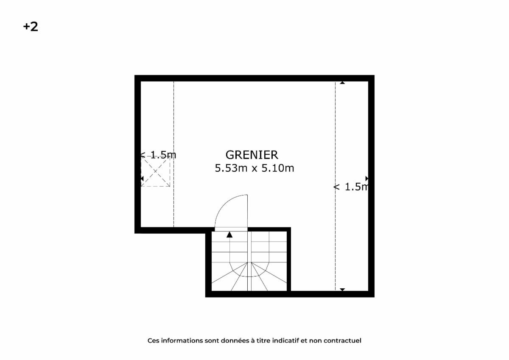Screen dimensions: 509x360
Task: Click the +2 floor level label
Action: click(x=31, y=27)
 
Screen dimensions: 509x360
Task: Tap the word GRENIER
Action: click(x=252, y=155)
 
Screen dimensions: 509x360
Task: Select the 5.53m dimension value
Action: click(x=231, y=168)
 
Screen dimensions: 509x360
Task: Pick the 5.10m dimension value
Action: click(x=278, y=168)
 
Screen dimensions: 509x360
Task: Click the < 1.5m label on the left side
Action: click(x=158, y=155)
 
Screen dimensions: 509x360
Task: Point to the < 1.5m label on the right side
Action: click(x=351, y=187)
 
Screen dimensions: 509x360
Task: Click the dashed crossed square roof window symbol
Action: click(x=155, y=171)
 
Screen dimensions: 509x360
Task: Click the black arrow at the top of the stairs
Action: click(x=229, y=234)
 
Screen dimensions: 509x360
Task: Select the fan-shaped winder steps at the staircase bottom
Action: click(x=249, y=276)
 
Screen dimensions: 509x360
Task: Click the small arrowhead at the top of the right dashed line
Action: click(x=342, y=83)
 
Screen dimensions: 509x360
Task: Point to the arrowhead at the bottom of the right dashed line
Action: click(x=342, y=290)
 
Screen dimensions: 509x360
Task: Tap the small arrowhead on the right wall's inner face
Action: click(x=367, y=179)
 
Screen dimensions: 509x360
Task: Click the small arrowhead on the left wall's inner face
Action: click(x=142, y=179)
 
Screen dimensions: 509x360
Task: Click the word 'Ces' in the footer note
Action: click(x=154, y=340)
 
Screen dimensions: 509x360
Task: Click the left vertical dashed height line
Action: click(x=174, y=154)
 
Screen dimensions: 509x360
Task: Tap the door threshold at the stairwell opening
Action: click(x=231, y=229)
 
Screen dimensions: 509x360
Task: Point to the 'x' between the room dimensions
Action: click(x=254, y=169)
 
